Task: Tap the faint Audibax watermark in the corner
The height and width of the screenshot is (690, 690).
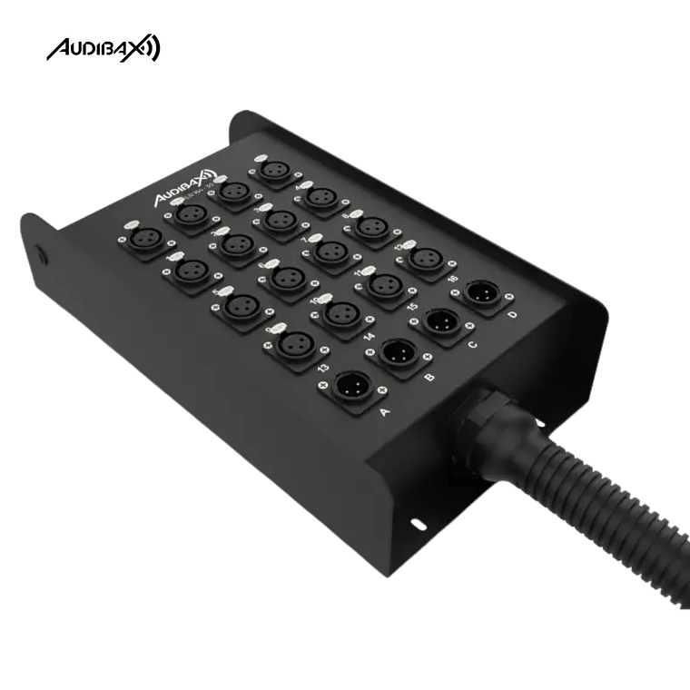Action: [x=104, y=46]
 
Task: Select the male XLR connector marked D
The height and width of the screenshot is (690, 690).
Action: [x=483, y=292]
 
